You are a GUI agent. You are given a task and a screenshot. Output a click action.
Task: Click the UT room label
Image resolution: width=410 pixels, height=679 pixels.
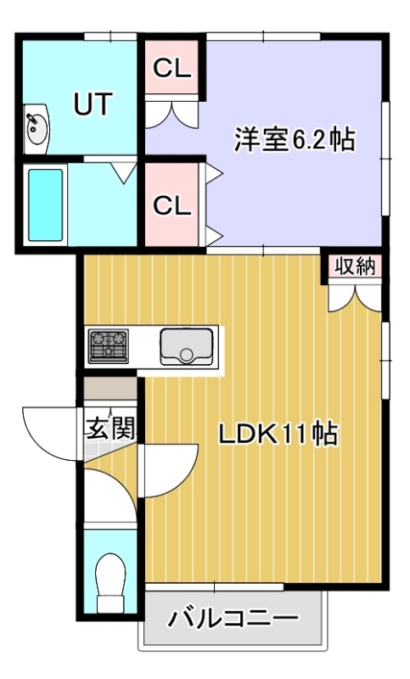pyautogui.click(x=93, y=104)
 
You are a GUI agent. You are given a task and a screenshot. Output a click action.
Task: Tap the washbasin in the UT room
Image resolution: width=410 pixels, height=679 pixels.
pyautogui.click(x=36, y=128)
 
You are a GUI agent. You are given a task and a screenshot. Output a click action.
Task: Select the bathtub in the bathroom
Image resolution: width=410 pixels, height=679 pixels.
pyautogui.click(x=45, y=205)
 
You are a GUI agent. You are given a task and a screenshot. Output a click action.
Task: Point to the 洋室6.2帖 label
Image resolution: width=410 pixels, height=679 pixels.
pyautogui.click(x=295, y=139)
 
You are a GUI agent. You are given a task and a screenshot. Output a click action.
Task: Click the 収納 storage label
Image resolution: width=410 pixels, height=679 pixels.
pyautogui.click(x=356, y=267)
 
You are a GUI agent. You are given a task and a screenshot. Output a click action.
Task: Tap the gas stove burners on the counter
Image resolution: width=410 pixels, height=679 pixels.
pyautogui.click(x=109, y=345)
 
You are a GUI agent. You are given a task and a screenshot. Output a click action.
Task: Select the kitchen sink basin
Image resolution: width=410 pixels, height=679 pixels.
pyautogui.click(x=187, y=346)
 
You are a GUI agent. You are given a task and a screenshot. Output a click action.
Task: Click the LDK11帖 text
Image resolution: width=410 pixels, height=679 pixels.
pyautogui.click(x=278, y=434)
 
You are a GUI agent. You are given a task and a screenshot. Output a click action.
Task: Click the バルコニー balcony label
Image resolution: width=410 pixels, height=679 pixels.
pyautogui.click(x=233, y=619)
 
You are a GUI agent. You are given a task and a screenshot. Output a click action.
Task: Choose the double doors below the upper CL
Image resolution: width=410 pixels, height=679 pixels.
pyautogui.click(x=172, y=115)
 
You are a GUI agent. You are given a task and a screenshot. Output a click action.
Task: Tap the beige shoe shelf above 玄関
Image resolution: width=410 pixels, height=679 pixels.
pyautogui.click(x=110, y=389)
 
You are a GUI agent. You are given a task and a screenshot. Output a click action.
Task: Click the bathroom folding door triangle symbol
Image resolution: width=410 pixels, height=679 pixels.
pyautogui.click(x=123, y=172)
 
